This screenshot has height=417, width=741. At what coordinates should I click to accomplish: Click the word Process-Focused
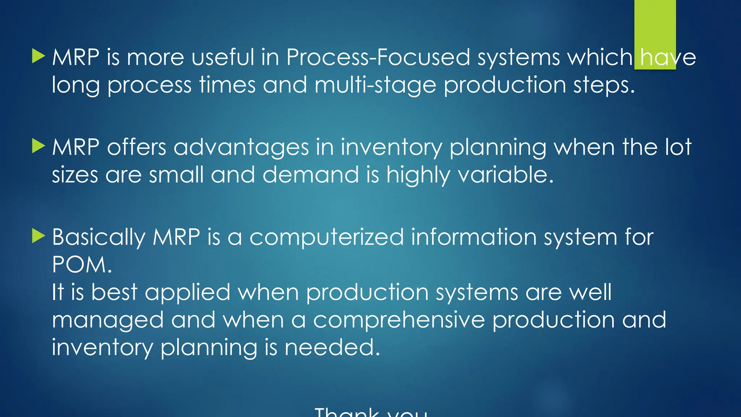(x=378, y=58)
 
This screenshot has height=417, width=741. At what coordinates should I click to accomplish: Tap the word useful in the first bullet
(x=223, y=58)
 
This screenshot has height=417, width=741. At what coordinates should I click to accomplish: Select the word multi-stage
(x=375, y=85)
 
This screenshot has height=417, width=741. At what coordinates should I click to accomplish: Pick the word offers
(x=136, y=148)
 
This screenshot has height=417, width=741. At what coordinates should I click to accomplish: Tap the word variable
(x=505, y=175)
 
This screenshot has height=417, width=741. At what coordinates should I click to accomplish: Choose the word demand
(x=310, y=175)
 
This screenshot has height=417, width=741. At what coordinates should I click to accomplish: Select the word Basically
(x=98, y=237)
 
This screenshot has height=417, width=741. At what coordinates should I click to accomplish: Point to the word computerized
(x=326, y=237)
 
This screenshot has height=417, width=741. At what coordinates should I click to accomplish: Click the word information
(x=474, y=237)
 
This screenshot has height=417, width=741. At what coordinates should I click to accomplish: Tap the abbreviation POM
(x=82, y=265)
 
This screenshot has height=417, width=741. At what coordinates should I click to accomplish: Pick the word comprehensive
(x=399, y=320)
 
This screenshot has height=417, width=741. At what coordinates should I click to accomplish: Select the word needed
(x=332, y=347)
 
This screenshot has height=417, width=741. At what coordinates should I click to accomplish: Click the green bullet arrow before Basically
(x=38, y=236)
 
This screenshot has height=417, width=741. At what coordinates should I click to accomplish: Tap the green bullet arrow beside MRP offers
(x=38, y=146)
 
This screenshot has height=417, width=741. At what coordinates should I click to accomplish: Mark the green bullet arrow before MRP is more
(x=38, y=56)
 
